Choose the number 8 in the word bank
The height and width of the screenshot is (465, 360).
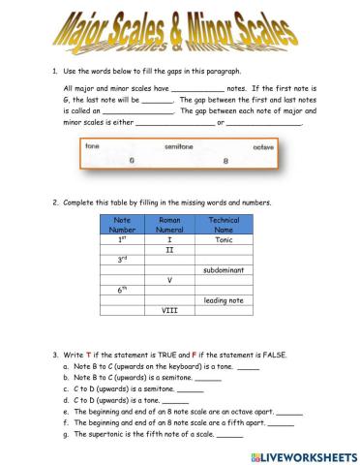pyautogui.click(x=225, y=160)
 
